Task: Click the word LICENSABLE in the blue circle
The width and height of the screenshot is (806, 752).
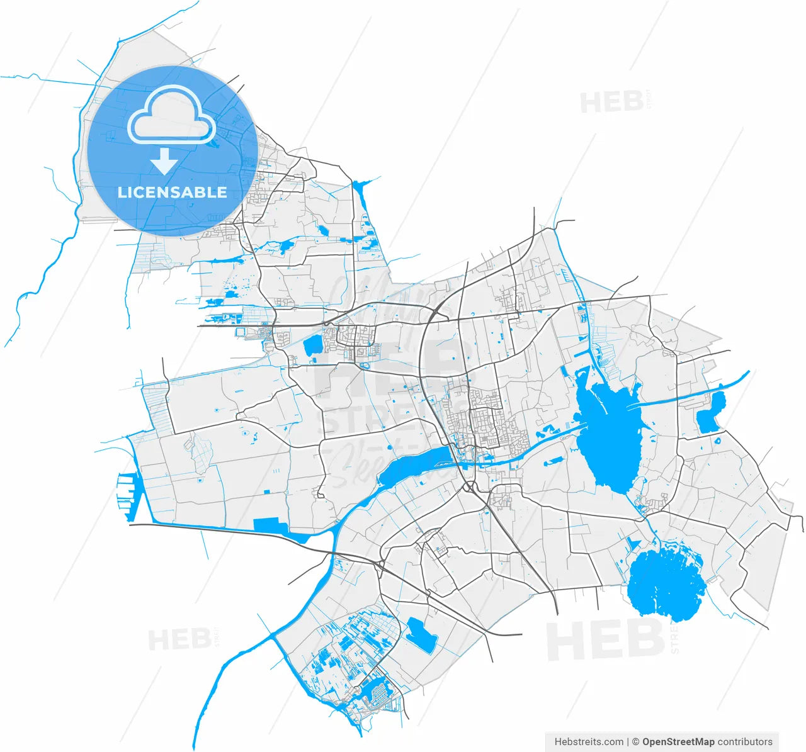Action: point(172,193)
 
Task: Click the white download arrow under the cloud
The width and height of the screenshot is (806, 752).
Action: point(164,162)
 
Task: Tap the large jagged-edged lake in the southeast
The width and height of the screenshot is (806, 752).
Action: point(664,582)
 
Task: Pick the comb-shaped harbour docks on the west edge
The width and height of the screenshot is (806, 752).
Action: point(127,497)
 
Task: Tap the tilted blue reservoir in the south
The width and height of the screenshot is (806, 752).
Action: point(422,635)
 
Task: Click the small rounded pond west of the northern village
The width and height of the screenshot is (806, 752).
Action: point(312,345)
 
